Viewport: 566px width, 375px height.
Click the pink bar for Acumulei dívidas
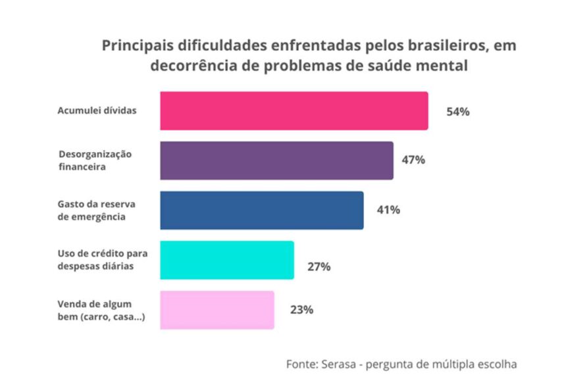click(294, 111)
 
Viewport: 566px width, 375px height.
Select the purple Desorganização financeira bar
click(276, 161)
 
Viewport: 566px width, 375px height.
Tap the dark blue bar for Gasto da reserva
click(261, 211)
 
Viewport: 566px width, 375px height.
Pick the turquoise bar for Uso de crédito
click(226, 261)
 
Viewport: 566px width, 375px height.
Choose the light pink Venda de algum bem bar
click(217, 310)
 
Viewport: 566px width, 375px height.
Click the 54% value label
click(457, 112)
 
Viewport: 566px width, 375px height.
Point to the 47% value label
click(413, 160)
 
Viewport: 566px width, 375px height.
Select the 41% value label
click(388, 210)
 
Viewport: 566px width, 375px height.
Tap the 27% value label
click(319, 267)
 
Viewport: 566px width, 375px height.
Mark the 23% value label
click(301, 309)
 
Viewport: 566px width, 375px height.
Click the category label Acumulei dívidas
click(97, 111)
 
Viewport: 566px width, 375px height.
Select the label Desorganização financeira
click(95, 161)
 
